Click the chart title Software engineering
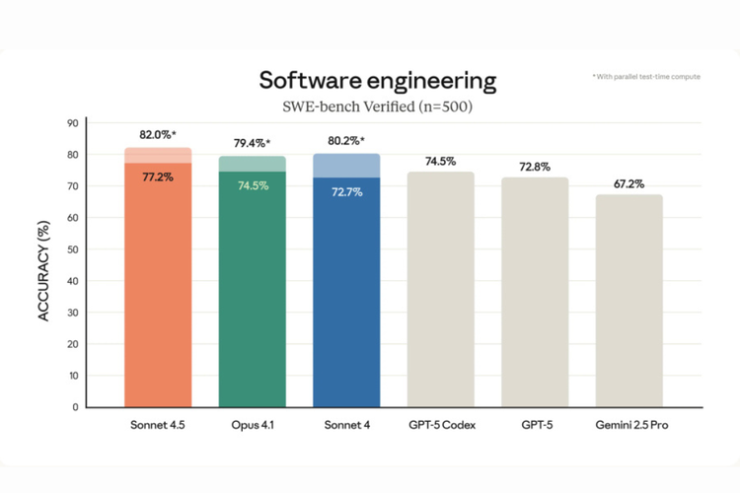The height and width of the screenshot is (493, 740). tap(377, 79)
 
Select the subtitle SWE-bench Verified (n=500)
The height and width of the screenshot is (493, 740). tap(377, 106)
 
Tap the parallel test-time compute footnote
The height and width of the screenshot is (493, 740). tap(646, 76)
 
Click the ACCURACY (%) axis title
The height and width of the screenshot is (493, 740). tap(42, 263)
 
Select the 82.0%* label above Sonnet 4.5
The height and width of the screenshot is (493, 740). tap(158, 134)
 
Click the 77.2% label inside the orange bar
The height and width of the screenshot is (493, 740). tap(157, 177)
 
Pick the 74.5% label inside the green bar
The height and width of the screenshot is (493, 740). tap(252, 185)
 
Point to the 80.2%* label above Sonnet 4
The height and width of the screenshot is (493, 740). tap(346, 140)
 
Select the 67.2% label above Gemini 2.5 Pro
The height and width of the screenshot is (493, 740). tap(629, 183)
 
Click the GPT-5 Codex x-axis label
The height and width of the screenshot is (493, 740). tap(440, 425)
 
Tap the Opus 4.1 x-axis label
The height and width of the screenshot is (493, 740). tap(252, 425)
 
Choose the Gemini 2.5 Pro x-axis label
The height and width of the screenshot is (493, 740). tap(629, 425)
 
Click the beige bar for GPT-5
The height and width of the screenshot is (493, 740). tap(535, 296)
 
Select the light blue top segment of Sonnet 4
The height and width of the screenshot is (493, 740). tap(346, 166)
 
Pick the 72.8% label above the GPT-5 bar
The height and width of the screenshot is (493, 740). tap(535, 167)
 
